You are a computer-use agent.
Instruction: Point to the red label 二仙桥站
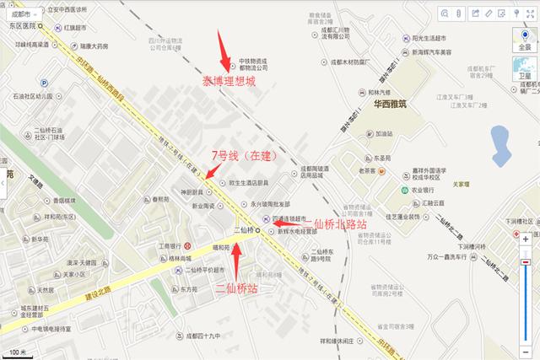pyautogui.click(x=238, y=288)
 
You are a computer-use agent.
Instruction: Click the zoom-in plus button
pyautogui.click(x=525, y=239)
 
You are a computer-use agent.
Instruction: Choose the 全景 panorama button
pyautogui.click(x=525, y=43)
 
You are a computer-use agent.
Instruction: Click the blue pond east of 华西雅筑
pyautogui.click(x=502, y=138)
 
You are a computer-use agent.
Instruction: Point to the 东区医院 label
pyautogui.click(x=17, y=25)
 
